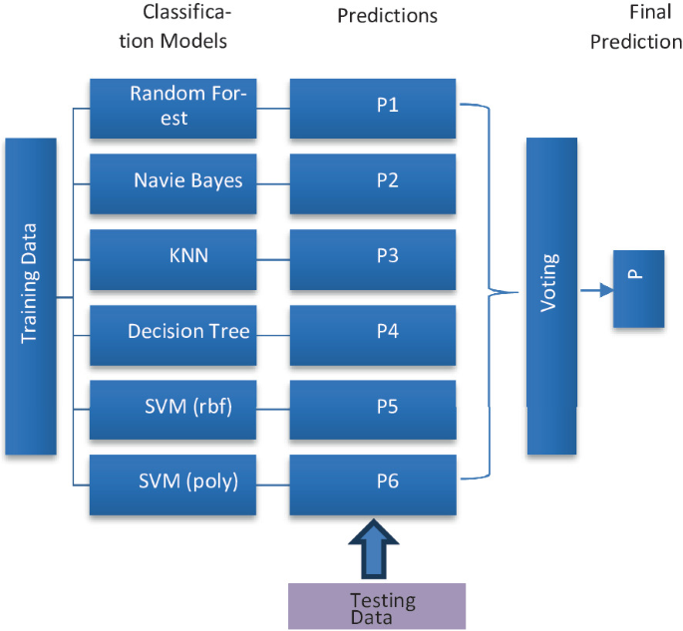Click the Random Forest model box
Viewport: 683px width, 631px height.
pos(172,108)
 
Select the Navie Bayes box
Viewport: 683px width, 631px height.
pos(172,182)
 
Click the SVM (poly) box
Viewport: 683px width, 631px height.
pos(172,484)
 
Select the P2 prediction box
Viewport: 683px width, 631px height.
pos(373,182)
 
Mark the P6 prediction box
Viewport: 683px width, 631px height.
pos(373,484)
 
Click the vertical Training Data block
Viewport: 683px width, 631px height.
pos(30,296)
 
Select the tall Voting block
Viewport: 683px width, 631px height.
pos(551,296)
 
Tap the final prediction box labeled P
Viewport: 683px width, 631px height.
pos(638,290)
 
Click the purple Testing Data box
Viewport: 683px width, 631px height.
pos(377,605)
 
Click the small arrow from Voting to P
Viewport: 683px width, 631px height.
pos(595,291)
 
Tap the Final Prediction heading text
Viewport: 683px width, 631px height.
pos(635,28)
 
